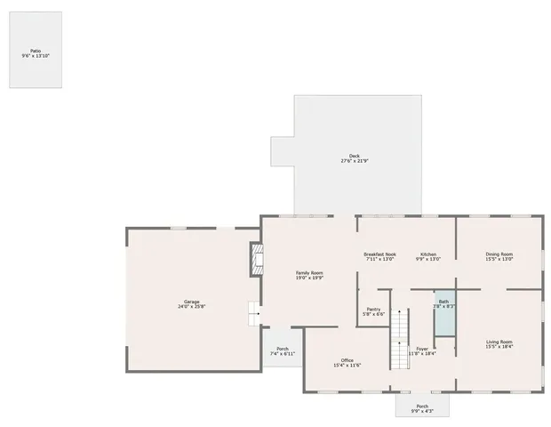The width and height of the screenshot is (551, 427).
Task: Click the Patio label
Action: tap(36, 51)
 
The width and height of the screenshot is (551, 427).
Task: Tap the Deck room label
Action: tap(354, 156)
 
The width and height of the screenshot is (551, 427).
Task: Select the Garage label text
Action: tap(191, 302)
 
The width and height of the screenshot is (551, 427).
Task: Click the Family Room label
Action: tap(309, 272)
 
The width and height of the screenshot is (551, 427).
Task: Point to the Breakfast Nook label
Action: tap(379, 254)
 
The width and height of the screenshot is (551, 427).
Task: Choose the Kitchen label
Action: tap(428, 254)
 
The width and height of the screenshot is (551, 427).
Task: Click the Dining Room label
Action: tap(499, 254)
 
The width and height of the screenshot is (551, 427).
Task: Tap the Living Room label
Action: tap(499, 342)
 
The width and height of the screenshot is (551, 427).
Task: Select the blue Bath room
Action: tap(443, 312)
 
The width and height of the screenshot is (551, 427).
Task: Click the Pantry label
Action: tap(373, 309)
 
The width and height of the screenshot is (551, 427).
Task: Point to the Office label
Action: tap(347, 360)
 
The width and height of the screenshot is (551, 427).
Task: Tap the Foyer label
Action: tap(422, 349)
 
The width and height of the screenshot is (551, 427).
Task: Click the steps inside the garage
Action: tap(253, 312)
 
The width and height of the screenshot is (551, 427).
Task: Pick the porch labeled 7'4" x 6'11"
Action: tap(283, 350)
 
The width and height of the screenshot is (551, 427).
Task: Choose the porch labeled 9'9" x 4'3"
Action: tap(422, 408)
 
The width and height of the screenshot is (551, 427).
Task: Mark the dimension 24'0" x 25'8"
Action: tap(191, 307)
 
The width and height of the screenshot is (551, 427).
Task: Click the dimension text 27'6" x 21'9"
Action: tap(354, 161)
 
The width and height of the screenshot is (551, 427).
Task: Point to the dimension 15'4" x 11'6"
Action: tap(347, 366)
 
